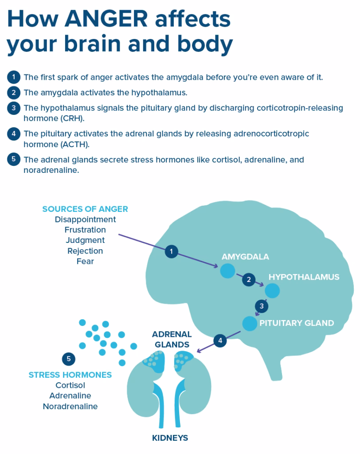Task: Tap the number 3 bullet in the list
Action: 14,108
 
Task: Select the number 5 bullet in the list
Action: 14,159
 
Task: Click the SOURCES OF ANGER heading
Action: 85,209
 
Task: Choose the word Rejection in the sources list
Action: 85,251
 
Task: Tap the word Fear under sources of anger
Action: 85,261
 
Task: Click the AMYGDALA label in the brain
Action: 245,257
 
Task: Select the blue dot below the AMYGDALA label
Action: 227,271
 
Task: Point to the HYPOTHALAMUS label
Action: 304,277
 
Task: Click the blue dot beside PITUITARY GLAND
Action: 250,324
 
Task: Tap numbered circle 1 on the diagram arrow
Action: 171,252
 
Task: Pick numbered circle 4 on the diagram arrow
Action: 220,340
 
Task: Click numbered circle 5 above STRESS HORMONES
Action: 68,358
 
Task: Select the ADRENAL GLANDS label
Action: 172,339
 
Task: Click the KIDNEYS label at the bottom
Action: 170,438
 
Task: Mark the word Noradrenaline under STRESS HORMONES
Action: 70,406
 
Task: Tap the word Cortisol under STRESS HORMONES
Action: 70,385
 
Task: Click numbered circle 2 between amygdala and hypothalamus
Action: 249,279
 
